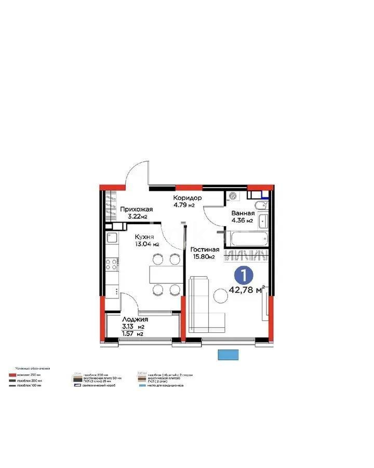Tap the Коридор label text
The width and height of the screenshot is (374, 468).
tap(188, 198)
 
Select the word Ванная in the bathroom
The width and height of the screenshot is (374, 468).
tap(243, 213)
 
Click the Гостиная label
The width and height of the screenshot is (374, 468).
tap(204, 249)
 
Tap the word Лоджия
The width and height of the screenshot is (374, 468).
tap(135, 319)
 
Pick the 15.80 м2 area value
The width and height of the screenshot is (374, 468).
tap(203, 256)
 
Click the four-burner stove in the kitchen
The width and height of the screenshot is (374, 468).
tap(113, 263)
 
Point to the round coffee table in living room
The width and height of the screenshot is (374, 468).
tap(220, 297)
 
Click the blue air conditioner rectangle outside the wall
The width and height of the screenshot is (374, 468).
tap(229, 355)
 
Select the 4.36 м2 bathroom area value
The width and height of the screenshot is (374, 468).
tap(242, 220)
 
